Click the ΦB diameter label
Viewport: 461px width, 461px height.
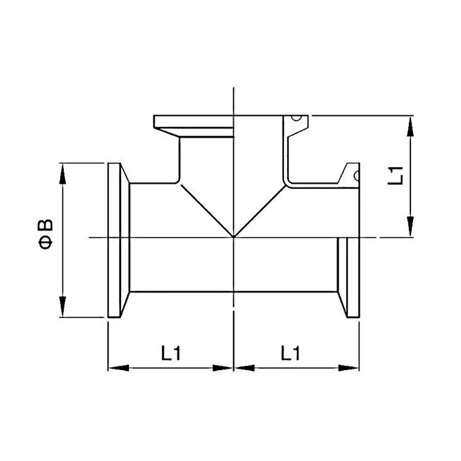[45, 234]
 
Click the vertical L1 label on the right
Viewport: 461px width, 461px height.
[395, 176]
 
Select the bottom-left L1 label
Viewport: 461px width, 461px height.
[171, 353]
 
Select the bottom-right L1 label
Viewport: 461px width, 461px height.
[290, 353]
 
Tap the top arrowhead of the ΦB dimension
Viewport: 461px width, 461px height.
[63, 174]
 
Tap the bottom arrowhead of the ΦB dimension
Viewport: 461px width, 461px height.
[63, 307]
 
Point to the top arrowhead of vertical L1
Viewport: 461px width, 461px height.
[410, 126]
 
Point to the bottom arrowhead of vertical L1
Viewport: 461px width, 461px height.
[410, 227]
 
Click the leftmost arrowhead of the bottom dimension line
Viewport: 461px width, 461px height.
[119, 367]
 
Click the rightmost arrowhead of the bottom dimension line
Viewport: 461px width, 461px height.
[348, 367]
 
